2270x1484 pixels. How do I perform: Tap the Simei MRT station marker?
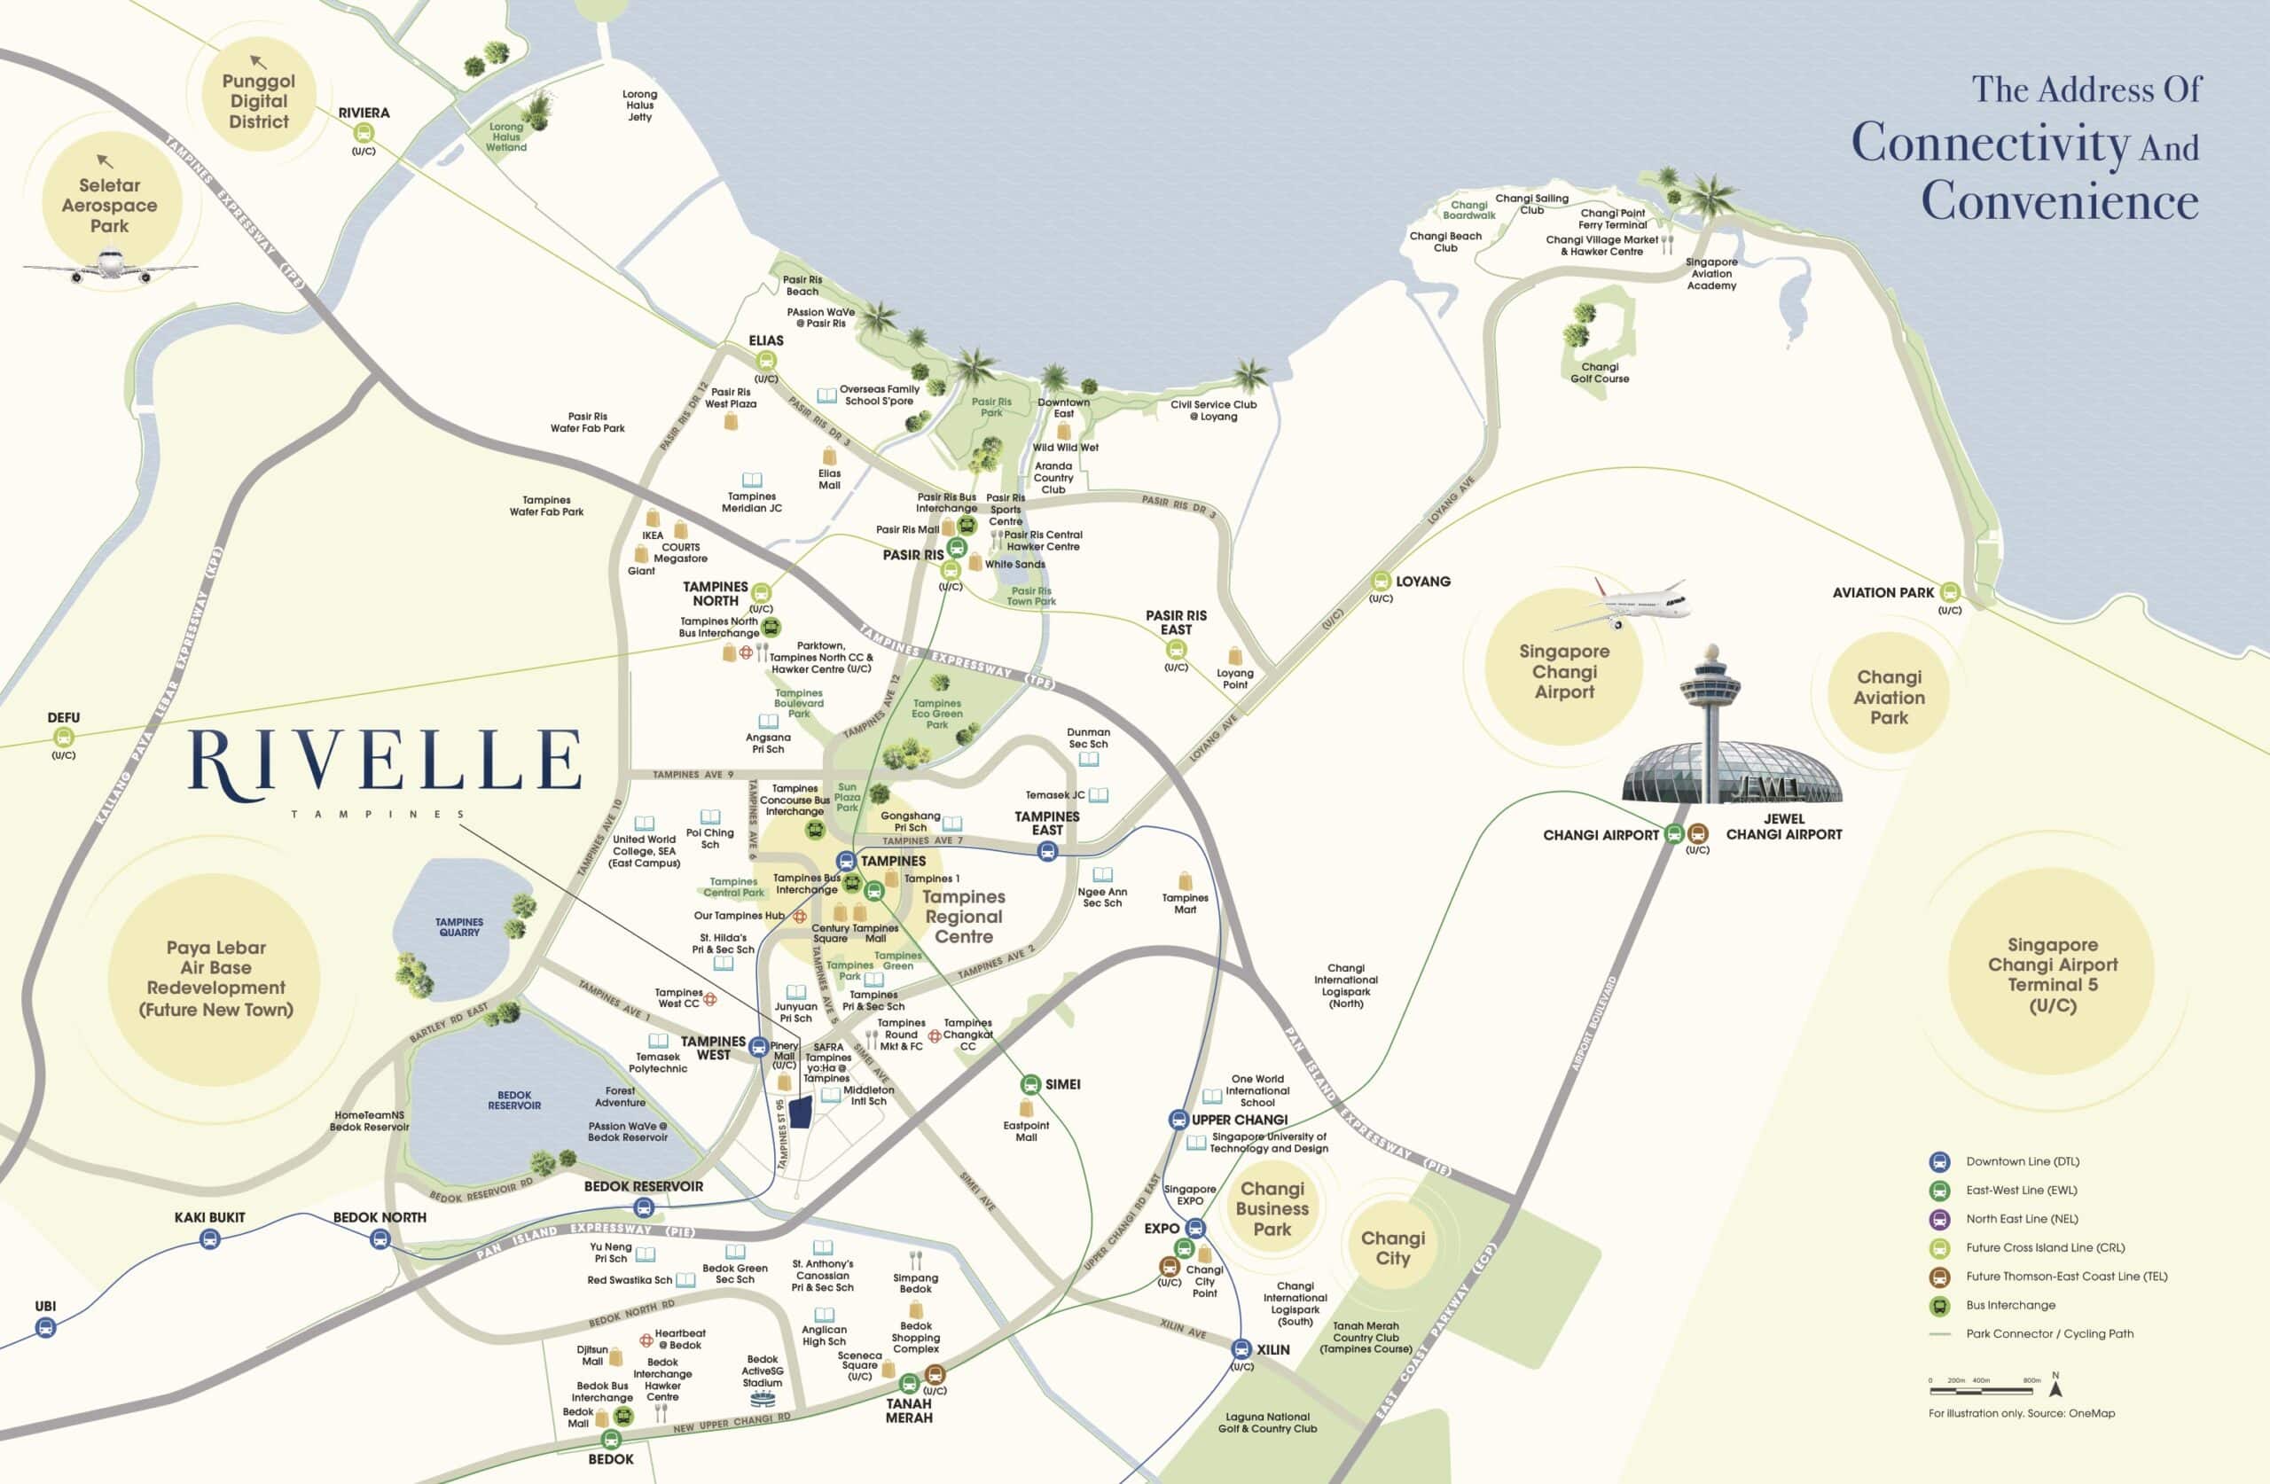(1030, 1084)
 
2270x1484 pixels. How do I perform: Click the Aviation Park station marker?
(1950, 592)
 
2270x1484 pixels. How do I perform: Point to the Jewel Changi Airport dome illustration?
(1731, 772)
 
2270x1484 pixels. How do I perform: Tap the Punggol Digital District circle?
(258, 101)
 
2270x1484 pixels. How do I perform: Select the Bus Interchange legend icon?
(1940, 1306)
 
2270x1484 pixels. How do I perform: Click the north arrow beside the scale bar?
(2055, 1388)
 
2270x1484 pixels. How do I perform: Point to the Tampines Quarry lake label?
(459, 927)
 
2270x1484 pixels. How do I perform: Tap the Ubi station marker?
(45, 1326)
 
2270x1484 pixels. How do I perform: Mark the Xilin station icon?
(1241, 1348)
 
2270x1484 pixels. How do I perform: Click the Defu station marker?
(63, 737)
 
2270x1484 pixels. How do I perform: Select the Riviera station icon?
(364, 133)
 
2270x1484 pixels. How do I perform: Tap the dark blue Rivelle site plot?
(799, 1111)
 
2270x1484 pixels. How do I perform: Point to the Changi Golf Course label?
(1600, 373)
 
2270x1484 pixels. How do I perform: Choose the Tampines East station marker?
(1047, 852)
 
